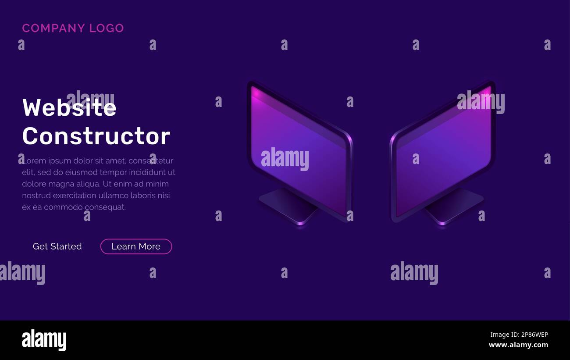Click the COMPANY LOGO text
click(x=73, y=28)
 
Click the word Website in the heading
click(x=69, y=107)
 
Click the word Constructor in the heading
click(x=96, y=136)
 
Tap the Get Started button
click(x=57, y=246)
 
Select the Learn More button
click(x=136, y=246)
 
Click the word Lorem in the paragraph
click(x=33, y=161)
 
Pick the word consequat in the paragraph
click(x=105, y=207)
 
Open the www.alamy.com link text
click(x=518, y=345)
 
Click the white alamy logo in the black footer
click(x=44, y=340)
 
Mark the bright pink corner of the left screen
click(x=255, y=92)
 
